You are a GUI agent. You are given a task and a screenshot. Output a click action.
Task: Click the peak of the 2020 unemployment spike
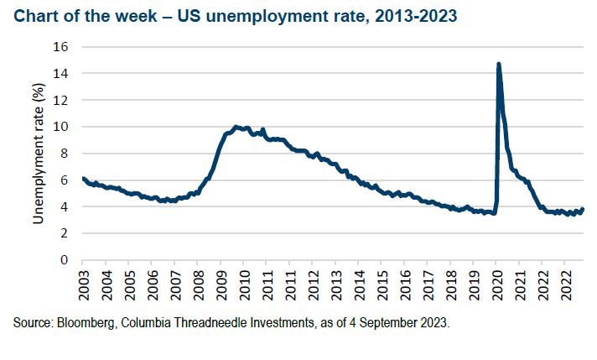(499, 64)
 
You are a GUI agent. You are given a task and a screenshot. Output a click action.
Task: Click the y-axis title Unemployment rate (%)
(37, 153)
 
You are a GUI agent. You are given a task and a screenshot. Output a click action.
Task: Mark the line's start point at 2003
(83, 179)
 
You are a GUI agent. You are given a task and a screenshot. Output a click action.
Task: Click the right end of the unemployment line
(583, 209)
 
